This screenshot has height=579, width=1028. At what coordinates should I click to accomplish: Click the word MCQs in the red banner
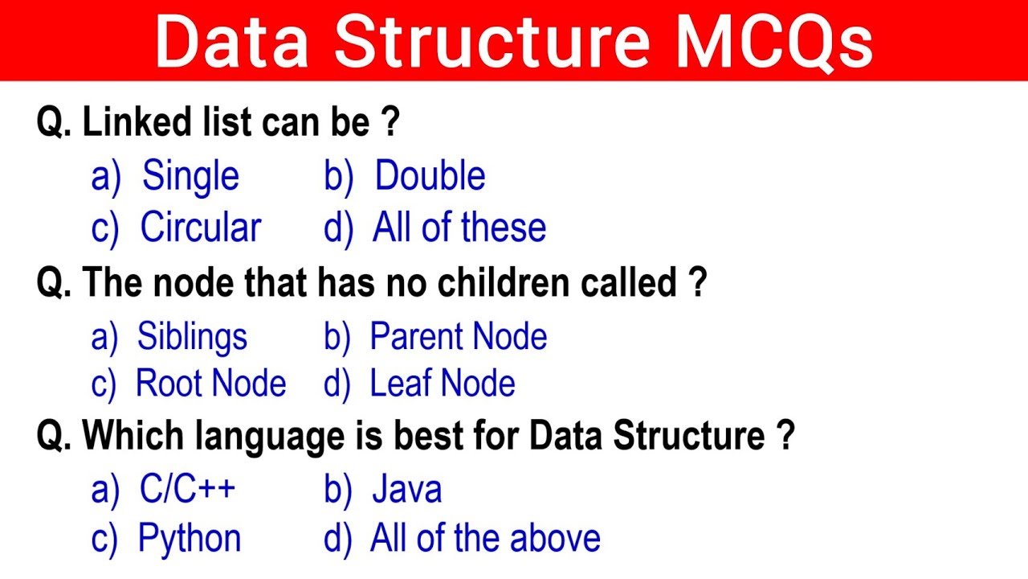point(774,41)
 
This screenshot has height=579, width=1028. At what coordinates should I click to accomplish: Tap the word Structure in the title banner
point(491,41)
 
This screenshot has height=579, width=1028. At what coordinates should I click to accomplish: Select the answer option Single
point(190,177)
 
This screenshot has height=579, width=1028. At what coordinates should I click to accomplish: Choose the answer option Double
point(430,177)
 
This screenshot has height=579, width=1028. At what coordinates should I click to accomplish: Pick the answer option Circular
point(201,228)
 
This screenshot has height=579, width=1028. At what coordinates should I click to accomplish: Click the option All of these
point(459,228)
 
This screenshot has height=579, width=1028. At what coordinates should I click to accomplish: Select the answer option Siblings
point(192,337)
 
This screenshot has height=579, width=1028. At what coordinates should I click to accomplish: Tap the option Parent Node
point(458,337)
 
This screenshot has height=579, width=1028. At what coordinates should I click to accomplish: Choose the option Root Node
point(210,384)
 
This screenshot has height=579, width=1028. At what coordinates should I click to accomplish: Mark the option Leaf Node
point(442,384)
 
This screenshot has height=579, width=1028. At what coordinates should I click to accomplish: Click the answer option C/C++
point(187,490)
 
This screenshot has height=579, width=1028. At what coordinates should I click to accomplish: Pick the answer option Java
point(406,490)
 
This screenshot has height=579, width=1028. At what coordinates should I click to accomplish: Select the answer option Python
point(190,539)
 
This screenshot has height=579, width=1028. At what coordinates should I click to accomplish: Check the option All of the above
point(484,539)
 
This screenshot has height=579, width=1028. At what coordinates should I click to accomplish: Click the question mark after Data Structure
point(785,437)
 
